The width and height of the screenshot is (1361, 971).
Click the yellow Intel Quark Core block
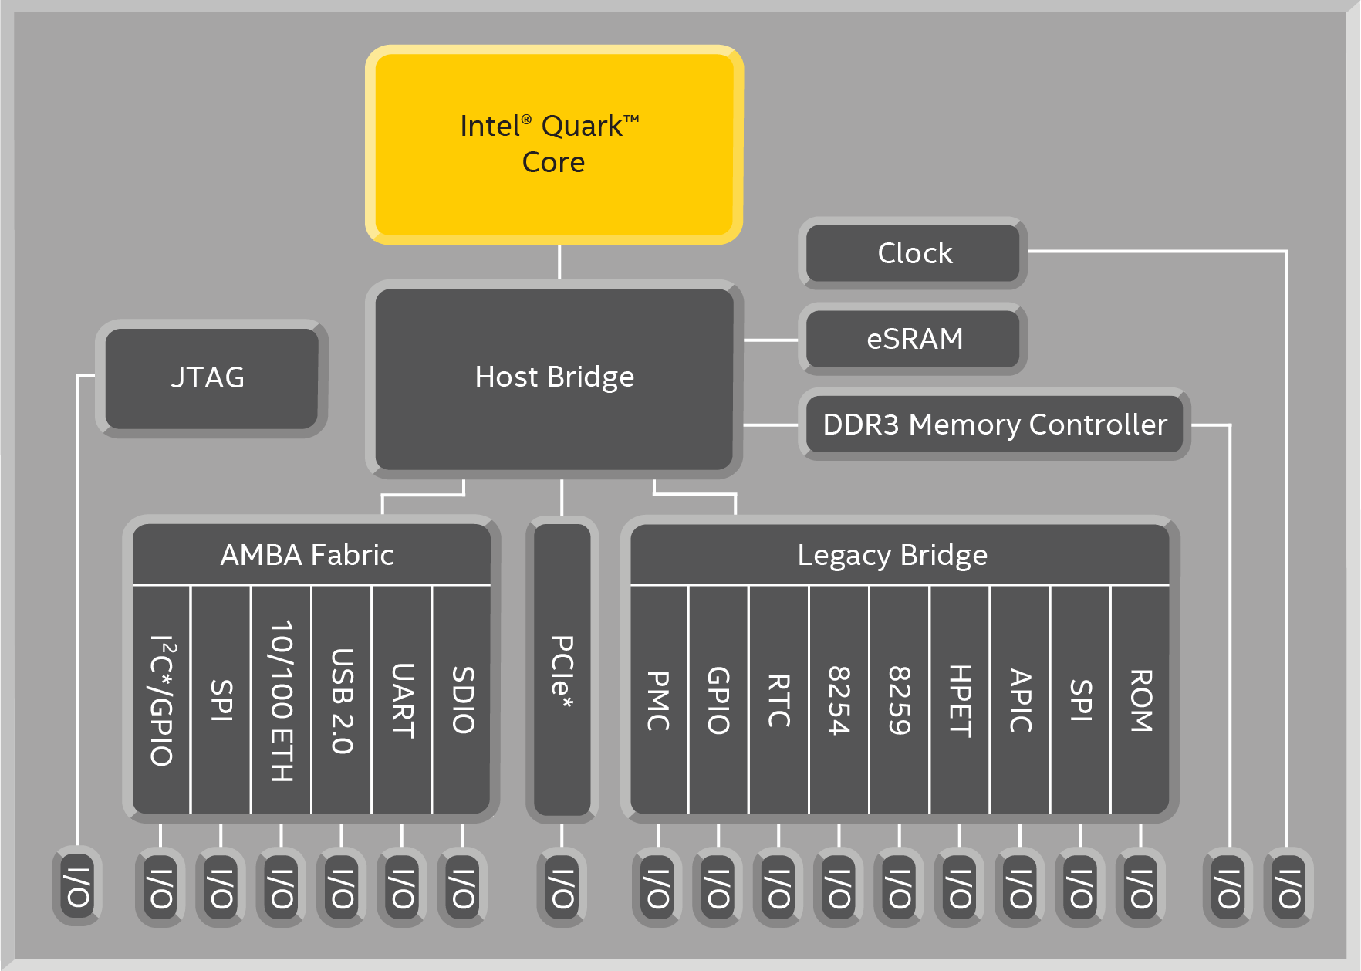pyautogui.click(x=554, y=144)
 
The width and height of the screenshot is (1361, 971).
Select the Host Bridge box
pyautogui.click(x=554, y=378)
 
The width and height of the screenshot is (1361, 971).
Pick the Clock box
pyautogui.click(x=914, y=253)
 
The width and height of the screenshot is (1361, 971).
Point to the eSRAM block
pyautogui.click(x=914, y=339)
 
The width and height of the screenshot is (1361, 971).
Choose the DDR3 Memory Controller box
pyautogui.click(x=994, y=425)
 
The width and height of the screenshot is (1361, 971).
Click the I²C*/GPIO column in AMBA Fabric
pyautogui.click(x=161, y=699)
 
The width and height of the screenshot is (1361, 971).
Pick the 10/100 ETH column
pyautogui.click(x=282, y=699)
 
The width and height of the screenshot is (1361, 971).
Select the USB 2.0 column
pyautogui.click(x=342, y=699)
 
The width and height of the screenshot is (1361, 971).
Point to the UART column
pyautogui.click(x=402, y=699)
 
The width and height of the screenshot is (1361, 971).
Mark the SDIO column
pyautogui.click(x=462, y=699)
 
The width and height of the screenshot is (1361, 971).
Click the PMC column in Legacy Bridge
pyautogui.click(x=658, y=699)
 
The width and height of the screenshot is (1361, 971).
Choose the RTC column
pyautogui.click(x=778, y=699)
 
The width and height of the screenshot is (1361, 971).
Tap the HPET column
pyautogui.click(x=960, y=699)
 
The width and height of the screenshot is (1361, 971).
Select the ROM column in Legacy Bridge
pyautogui.click(x=1140, y=699)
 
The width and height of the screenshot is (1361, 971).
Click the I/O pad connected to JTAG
pyautogui.click(x=77, y=887)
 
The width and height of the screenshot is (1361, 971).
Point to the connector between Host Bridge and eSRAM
pyautogui.click(x=771, y=340)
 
